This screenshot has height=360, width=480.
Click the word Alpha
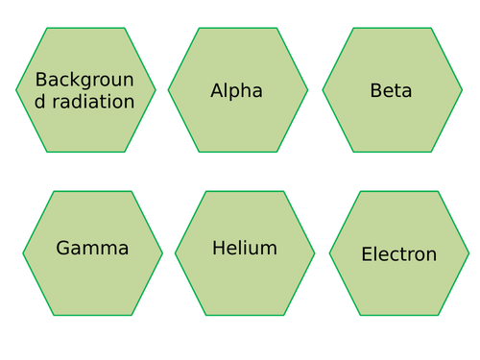236,91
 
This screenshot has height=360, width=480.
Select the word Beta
391,91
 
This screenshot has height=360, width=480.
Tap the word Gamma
92,249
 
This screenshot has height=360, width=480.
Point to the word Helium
245,249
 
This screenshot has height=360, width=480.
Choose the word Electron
398,254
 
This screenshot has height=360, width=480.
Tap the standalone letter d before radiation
40,102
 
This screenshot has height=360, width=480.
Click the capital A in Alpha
217,91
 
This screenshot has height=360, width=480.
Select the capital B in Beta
376,91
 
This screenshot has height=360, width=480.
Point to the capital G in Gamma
64,249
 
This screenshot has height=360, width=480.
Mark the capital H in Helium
219,249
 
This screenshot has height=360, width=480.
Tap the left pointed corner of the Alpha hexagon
169,90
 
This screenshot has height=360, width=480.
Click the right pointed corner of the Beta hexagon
462,90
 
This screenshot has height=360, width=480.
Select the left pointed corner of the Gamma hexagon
23,253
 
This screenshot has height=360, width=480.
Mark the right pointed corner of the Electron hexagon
468,253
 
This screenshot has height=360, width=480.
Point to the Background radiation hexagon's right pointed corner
156,90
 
